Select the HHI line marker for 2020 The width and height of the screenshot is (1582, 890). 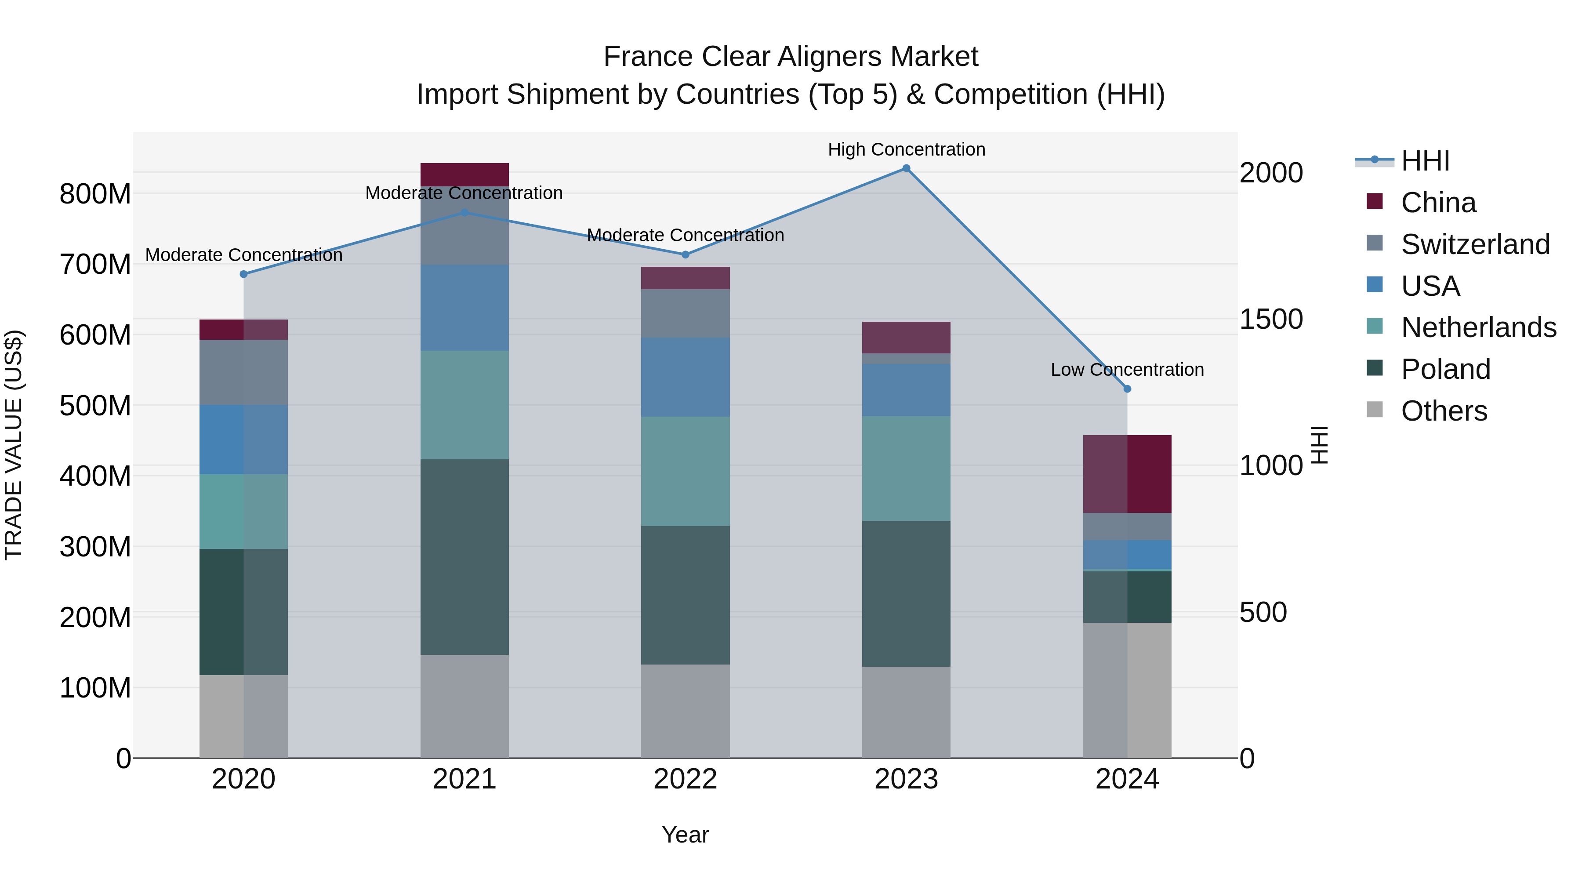point(244,274)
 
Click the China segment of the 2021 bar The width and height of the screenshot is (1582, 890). point(464,174)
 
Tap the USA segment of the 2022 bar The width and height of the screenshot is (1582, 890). point(686,377)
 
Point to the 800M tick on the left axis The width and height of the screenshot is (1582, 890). point(95,194)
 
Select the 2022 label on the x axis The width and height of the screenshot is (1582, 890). point(686,779)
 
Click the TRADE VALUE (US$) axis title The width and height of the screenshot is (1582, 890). point(14,445)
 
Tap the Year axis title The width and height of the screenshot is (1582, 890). point(686,835)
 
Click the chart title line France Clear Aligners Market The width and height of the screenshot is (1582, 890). point(791,57)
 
